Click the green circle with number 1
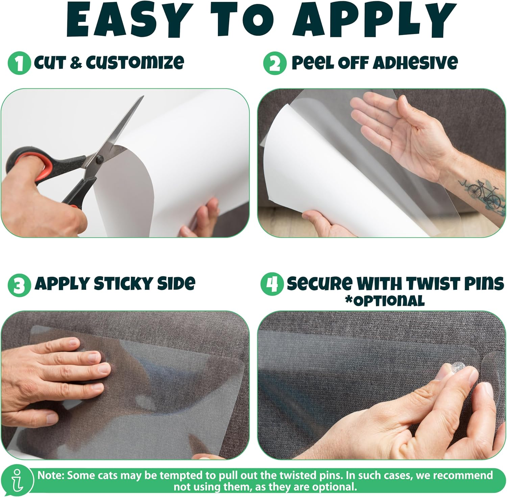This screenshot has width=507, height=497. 19,63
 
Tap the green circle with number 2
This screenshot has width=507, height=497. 274,63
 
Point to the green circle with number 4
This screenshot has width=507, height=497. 272,284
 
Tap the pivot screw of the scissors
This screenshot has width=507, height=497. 99,158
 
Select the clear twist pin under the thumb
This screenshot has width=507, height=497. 459,367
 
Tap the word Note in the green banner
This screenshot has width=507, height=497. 50,475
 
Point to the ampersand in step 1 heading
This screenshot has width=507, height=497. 76,63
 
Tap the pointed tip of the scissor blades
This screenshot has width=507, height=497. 143,97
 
